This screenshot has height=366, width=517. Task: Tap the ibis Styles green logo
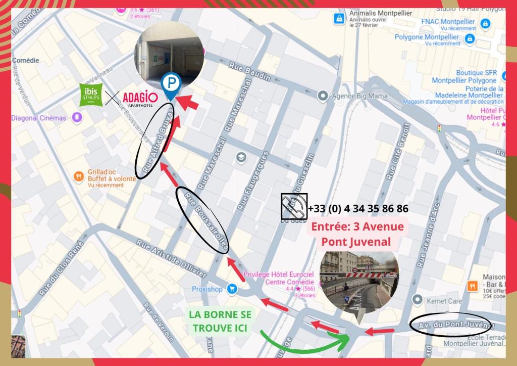click(91, 95)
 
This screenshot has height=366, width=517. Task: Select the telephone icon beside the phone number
click(294, 207)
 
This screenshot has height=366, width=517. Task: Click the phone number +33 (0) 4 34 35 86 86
click(358, 208)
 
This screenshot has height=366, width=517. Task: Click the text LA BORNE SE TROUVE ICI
click(220, 321)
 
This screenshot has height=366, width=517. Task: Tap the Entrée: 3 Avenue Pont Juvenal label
click(357, 234)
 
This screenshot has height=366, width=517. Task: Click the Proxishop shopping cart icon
click(232, 289)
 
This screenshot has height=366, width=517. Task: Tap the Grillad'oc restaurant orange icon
click(79, 176)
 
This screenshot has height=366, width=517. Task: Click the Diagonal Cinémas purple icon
click(77, 118)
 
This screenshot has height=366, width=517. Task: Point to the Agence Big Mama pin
click(323, 96)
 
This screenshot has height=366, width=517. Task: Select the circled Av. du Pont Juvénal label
click(456, 325)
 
